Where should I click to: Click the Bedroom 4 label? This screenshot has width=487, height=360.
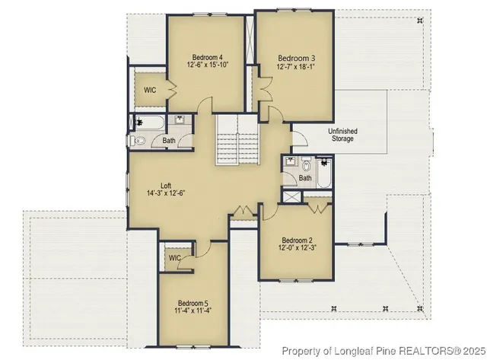coord(207,57)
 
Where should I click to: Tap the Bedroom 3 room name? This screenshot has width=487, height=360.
coord(296,58)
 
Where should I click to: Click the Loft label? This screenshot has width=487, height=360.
coord(165,184)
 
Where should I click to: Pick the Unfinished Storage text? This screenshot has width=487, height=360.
coord(342,135)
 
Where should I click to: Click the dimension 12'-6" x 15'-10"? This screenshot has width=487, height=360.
coord(207,66)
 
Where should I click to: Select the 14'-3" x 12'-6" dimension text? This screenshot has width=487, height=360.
coord(165,193)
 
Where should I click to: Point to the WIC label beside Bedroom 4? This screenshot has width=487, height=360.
coord(150,90)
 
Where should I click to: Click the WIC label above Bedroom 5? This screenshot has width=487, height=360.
coord(175,258)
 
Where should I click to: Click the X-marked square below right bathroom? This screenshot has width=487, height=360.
coord(291,195)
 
